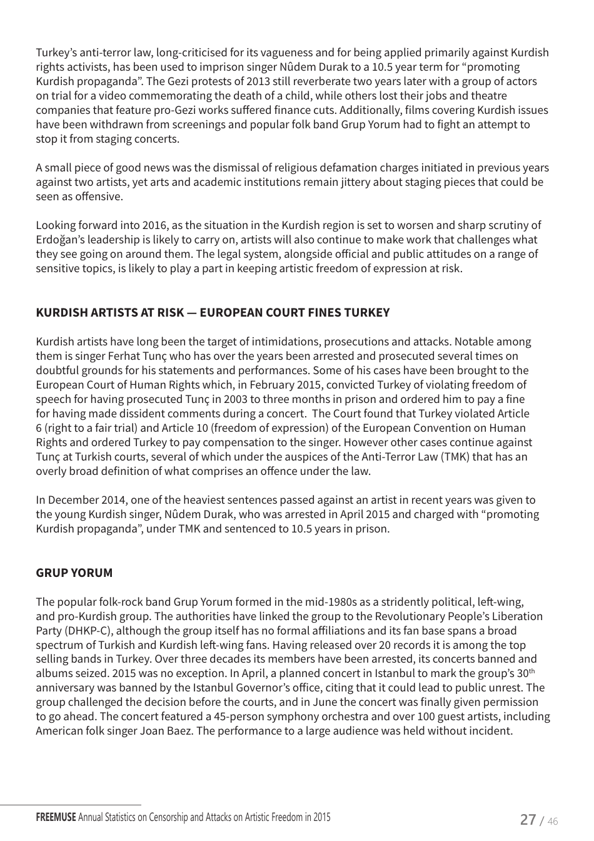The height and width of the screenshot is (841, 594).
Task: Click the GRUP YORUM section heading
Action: click(74, 573)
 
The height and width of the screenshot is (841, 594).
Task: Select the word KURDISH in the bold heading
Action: click(61, 312)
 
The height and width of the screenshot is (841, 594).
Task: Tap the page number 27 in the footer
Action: click(528, 819)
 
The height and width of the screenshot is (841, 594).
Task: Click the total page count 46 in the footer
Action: click(552, 820)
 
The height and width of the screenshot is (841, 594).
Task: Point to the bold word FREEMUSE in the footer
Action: click(56, 817)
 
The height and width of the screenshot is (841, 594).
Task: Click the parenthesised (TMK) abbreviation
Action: click(455, 457)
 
